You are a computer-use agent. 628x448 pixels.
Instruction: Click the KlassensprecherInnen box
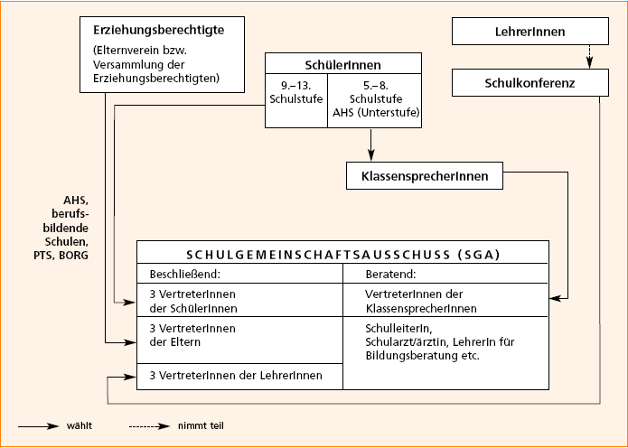424,176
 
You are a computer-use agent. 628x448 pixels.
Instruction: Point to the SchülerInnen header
342,64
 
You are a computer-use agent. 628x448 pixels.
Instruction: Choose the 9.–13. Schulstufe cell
295,98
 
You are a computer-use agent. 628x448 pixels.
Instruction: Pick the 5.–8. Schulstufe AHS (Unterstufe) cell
372,98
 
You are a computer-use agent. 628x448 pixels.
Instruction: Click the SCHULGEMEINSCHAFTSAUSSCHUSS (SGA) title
342,253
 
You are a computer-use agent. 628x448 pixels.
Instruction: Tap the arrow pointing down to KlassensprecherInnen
370,145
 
